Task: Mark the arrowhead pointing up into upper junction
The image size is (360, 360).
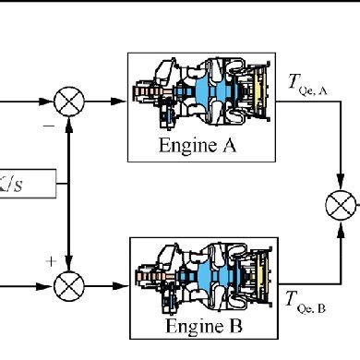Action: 69,119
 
